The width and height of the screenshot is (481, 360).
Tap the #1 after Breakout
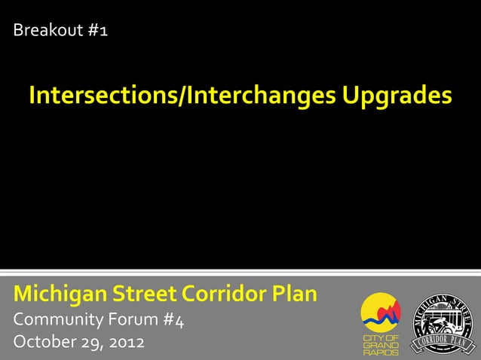click(93, 31)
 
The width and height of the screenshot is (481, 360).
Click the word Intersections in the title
click(102, 96)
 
